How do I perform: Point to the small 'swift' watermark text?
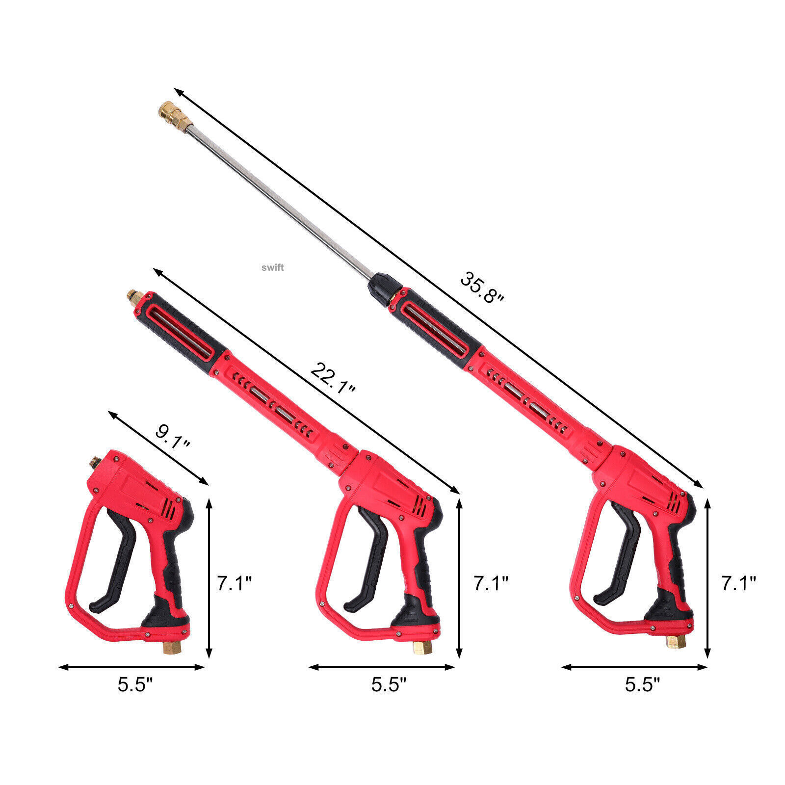(272, 267)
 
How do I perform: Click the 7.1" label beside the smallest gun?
(235, 583)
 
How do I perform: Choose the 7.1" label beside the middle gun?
(491, 583)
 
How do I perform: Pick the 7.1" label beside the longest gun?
(738, 583)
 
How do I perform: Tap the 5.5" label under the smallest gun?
(135, 684)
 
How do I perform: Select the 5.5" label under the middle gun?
(389, 684)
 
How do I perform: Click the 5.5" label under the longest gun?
(642, 684)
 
